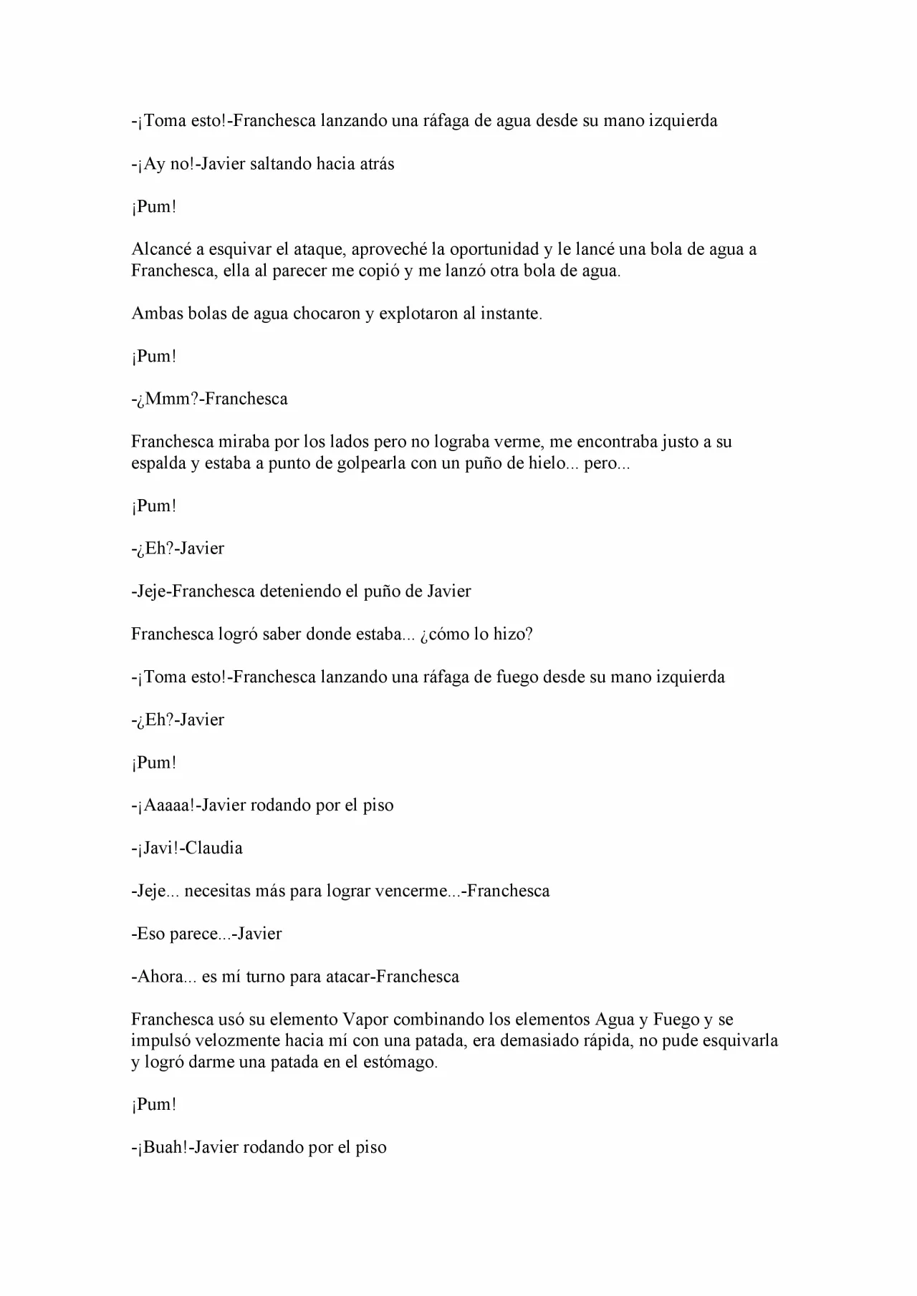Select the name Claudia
point(214,848)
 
